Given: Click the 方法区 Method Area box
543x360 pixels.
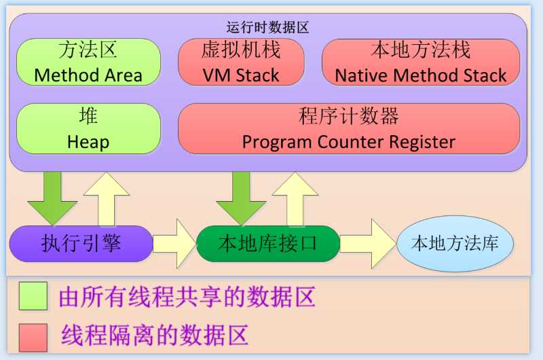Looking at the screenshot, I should pos(88,62).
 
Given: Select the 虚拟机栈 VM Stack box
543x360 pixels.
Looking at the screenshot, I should pos(240,62).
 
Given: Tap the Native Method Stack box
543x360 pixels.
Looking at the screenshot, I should pos(420,62).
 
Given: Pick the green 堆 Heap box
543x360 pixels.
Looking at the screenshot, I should pos(88,128).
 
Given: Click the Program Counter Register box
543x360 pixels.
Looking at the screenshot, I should pos(348,128).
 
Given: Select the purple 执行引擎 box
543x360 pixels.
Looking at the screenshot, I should pos(81,243).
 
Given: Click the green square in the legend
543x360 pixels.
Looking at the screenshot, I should pos(33,296).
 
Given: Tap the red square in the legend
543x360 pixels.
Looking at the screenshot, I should pos(33,336).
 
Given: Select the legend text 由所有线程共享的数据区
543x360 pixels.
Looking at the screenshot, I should pos(187,297).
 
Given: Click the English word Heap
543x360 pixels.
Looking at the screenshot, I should pos(88,143).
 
